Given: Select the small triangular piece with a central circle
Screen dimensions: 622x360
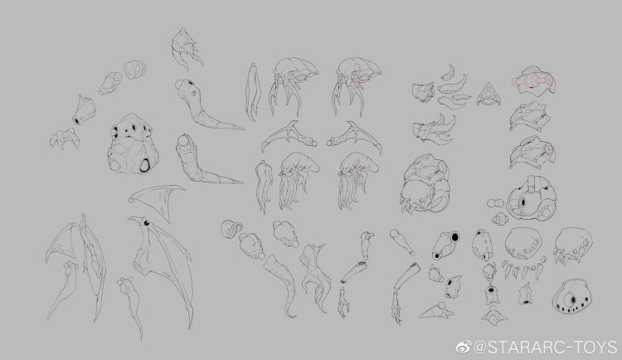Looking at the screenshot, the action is (x=488, y=95).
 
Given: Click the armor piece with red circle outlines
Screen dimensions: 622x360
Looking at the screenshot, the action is (x=533, y=80).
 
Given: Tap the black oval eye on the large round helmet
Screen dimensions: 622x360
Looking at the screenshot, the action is (x=522, y=203).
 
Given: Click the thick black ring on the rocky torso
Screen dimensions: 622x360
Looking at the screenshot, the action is (x=144, y=165).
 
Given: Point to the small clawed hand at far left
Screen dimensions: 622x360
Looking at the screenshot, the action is (x=64, y=139).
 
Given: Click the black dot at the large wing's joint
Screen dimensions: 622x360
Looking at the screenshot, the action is (x=147, y=222).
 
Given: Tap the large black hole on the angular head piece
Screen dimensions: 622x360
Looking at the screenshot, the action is (x=454, y=237).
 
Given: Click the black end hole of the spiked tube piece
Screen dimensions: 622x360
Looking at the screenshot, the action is (x=75, y=120).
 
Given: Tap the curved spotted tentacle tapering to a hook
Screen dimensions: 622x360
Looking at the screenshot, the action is (x=283, y=284).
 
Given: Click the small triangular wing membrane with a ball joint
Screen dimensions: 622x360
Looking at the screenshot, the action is (x=157, y=201).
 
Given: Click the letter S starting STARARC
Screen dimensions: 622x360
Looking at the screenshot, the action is (x=493, y=348).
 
